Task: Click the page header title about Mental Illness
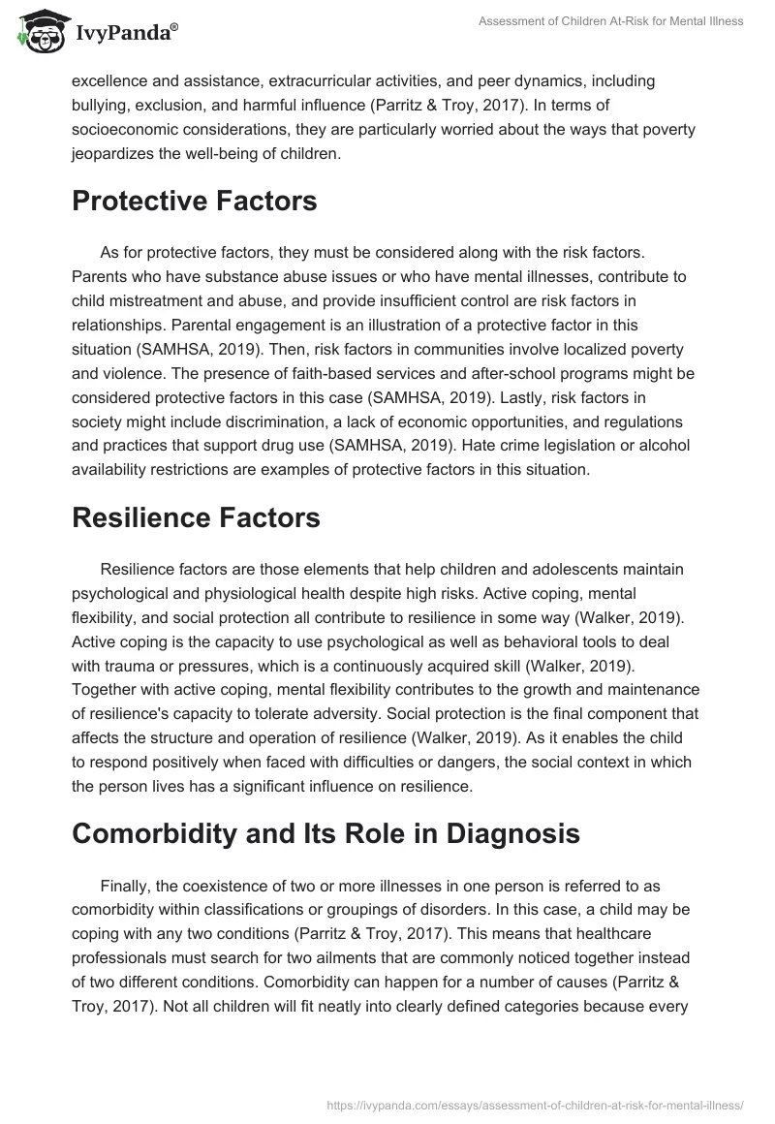611,21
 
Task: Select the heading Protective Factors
195,202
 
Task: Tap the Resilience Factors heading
196,518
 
